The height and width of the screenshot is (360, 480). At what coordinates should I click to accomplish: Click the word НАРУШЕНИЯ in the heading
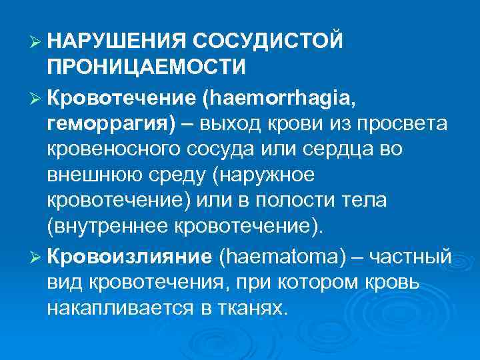(x=114, y=41)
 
